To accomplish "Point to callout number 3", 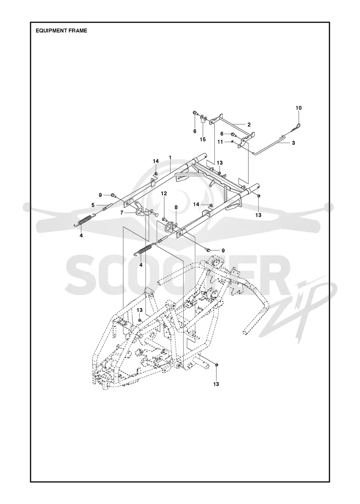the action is [x=293, y=143].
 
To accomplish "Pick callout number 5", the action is [x=93, y=205].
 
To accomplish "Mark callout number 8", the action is [x=176, y=207].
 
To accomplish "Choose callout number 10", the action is [x=299, y=108].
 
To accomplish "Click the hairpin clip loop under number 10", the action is [x=299, y=122].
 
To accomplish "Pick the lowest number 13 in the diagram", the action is [x=216, y=384].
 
